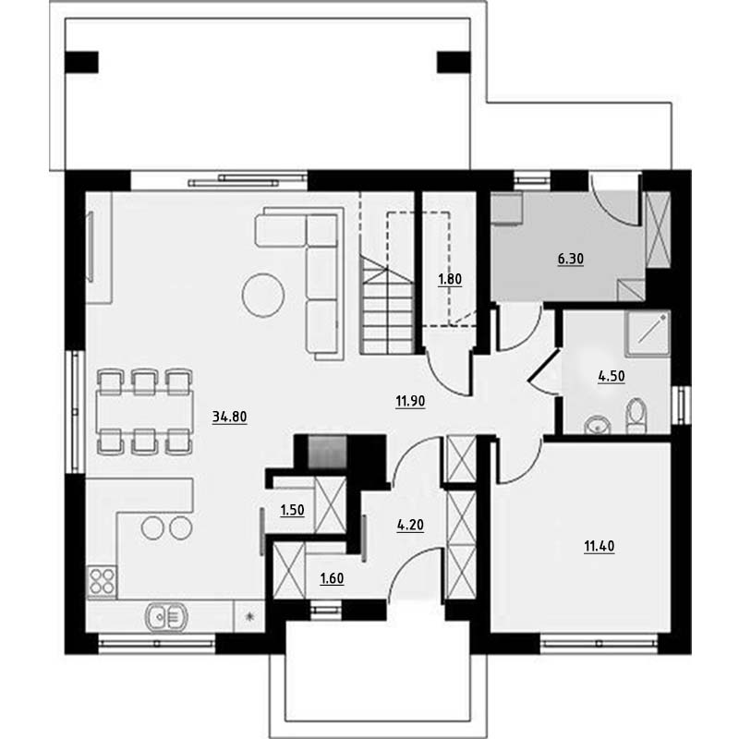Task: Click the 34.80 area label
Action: [x=229, y=417]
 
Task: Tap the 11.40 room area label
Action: [x=599, y=546]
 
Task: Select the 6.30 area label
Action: [x=570, y=259]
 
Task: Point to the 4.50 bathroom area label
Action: [x=612, y=376]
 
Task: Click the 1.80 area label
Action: [x=450, y=279]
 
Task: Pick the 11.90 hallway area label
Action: [x=410, y=401]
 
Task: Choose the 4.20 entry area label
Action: [x=410, y=525]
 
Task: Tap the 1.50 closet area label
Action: [x=292, y=510]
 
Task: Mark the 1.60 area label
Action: [x=332, y=578]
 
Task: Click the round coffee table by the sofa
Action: [x=263, y=295]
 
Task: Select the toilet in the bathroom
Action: [x=636, y=416]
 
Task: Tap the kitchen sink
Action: [x=166, y=616]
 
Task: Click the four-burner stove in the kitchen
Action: [x=102, y=581]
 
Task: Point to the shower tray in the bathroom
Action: [x=648, y=333]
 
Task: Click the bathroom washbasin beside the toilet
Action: [x=598, y=425]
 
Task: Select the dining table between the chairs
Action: [x=144, y=411]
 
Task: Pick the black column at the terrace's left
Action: [x=81, y=62]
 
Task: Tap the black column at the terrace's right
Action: [x=454, y=62]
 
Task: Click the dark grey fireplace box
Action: [x=327, y=453]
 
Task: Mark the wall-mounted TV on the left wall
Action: [x=90, y=247]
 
